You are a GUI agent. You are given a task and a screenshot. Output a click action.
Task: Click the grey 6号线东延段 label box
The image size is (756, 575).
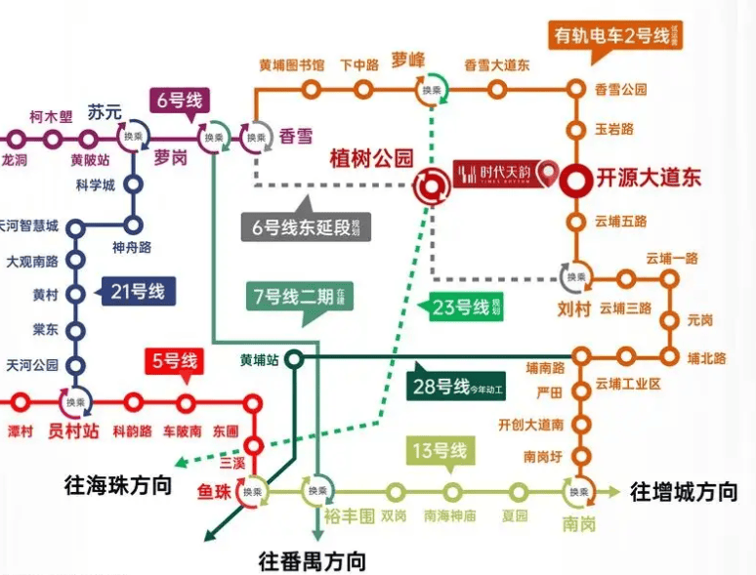coord(304,228)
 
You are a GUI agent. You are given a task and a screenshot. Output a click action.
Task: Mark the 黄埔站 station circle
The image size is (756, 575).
coord(294,359)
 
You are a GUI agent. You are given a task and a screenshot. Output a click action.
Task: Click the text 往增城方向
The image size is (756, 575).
coord(684,491)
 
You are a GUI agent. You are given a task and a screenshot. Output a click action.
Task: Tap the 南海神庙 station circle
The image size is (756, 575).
coord(452,492)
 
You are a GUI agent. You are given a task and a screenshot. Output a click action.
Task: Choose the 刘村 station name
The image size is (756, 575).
coord(575,311)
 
